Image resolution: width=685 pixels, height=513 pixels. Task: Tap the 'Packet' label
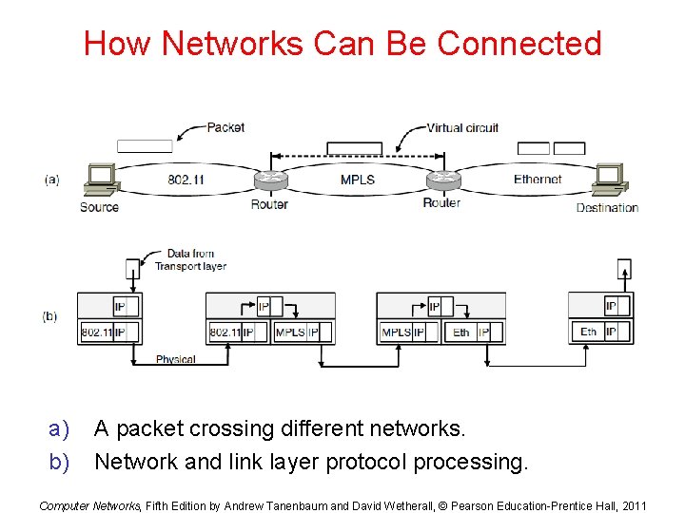click(225, 127)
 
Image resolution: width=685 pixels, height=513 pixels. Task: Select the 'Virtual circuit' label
click(461, 128)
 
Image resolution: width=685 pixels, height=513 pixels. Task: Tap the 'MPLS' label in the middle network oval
click(357, 180)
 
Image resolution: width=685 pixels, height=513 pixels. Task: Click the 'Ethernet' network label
click(538, 179)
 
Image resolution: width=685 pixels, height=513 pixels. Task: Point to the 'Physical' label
click(175, 359)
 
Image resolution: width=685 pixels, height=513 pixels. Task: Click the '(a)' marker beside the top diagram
click(50, 179)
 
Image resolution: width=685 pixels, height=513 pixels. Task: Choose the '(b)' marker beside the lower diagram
click(50, 316)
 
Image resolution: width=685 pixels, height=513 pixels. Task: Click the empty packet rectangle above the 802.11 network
click(145, 146)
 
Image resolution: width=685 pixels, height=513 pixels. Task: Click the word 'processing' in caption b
click(472, 462)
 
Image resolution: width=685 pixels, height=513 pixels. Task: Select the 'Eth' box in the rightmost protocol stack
click(588, 332)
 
